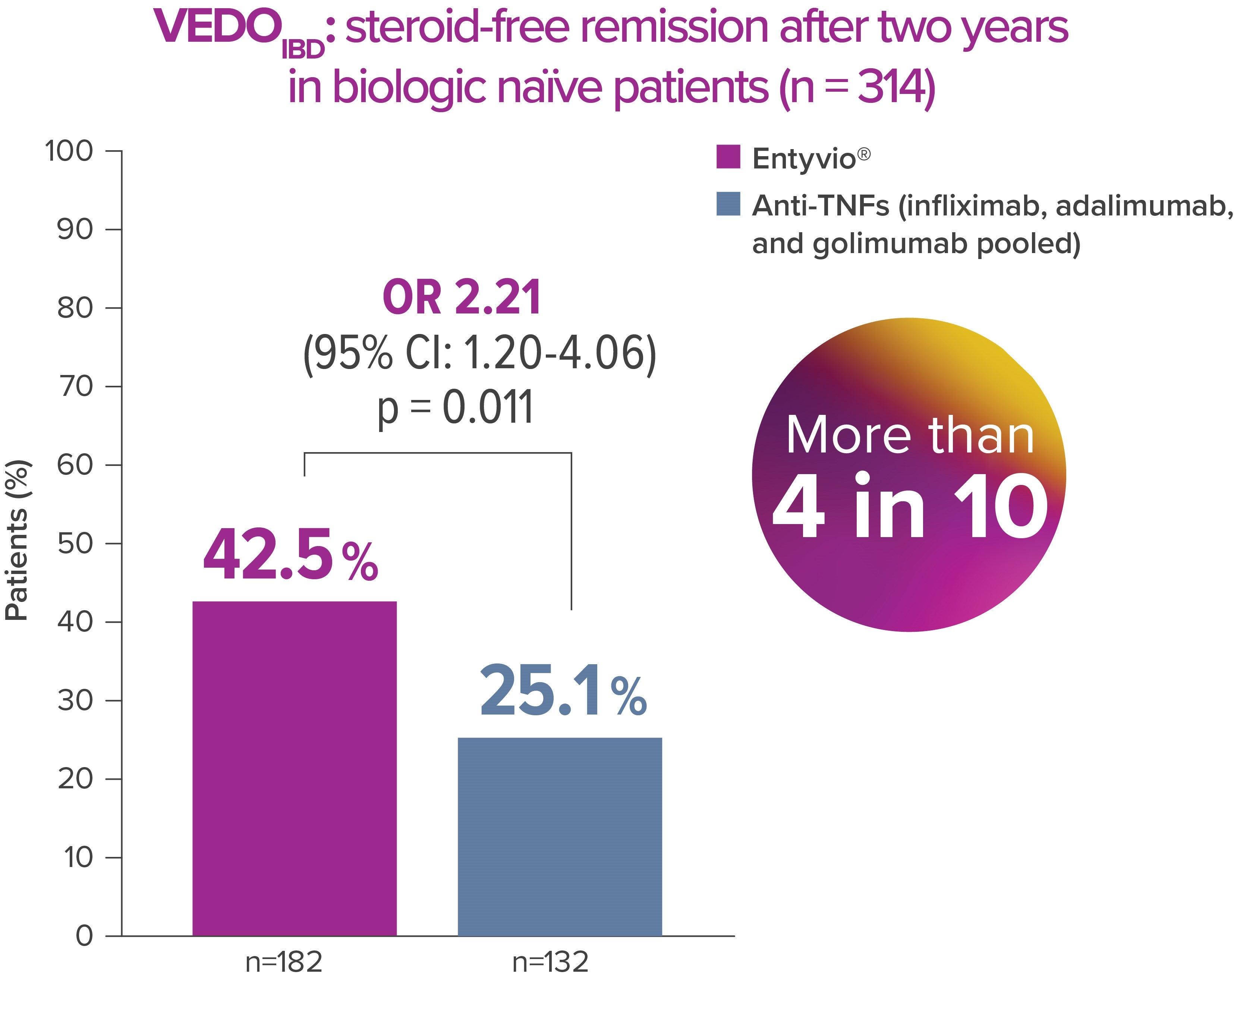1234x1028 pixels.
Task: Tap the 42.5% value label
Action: click(x=290, y=555)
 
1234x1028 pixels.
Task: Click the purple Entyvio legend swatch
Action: click(x=728, y=157)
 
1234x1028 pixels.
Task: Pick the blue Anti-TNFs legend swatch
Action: click(x=728, y=204)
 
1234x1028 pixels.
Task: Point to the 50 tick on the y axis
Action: click(x=75, y=544)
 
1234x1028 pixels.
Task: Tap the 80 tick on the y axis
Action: click(x=75, y=308)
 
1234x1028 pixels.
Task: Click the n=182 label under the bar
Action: click(x=284, y=962)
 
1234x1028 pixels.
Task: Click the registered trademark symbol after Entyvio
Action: click(x=864, y=154)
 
